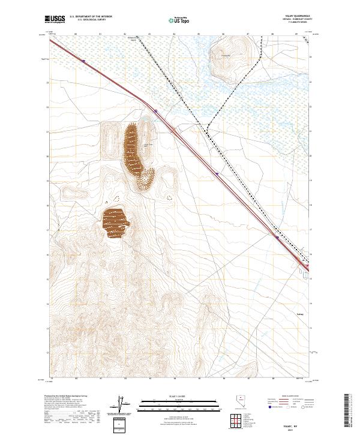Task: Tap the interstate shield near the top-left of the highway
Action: [x=84, y=61]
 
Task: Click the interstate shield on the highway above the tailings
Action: [x=155, y=110]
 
